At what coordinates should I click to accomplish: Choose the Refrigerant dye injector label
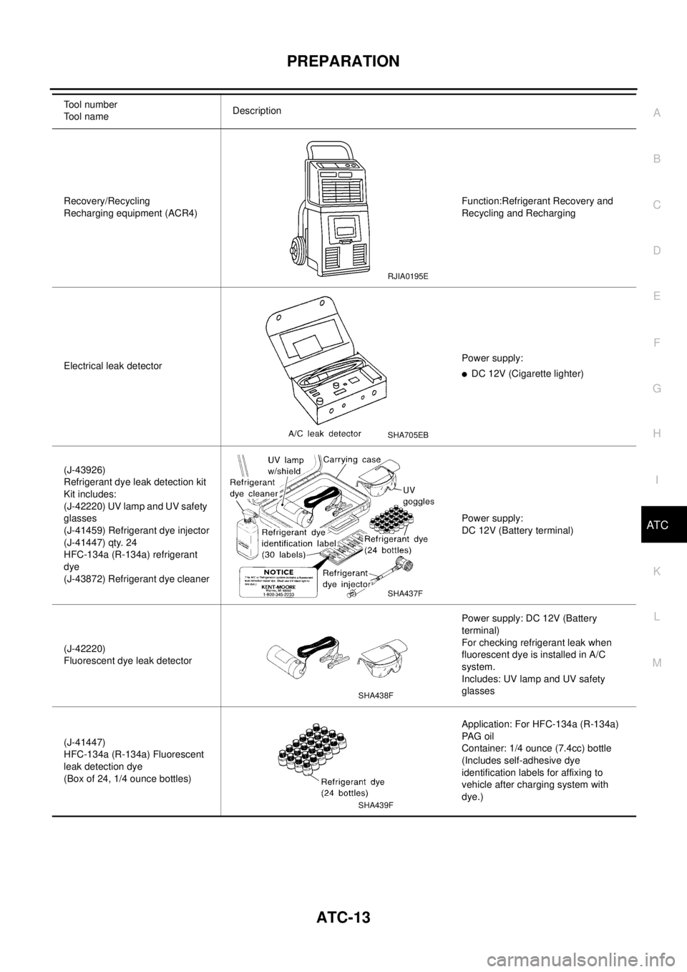point(347,578)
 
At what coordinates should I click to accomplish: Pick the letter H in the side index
point(657,433)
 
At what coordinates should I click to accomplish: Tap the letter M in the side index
point(657,663)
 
